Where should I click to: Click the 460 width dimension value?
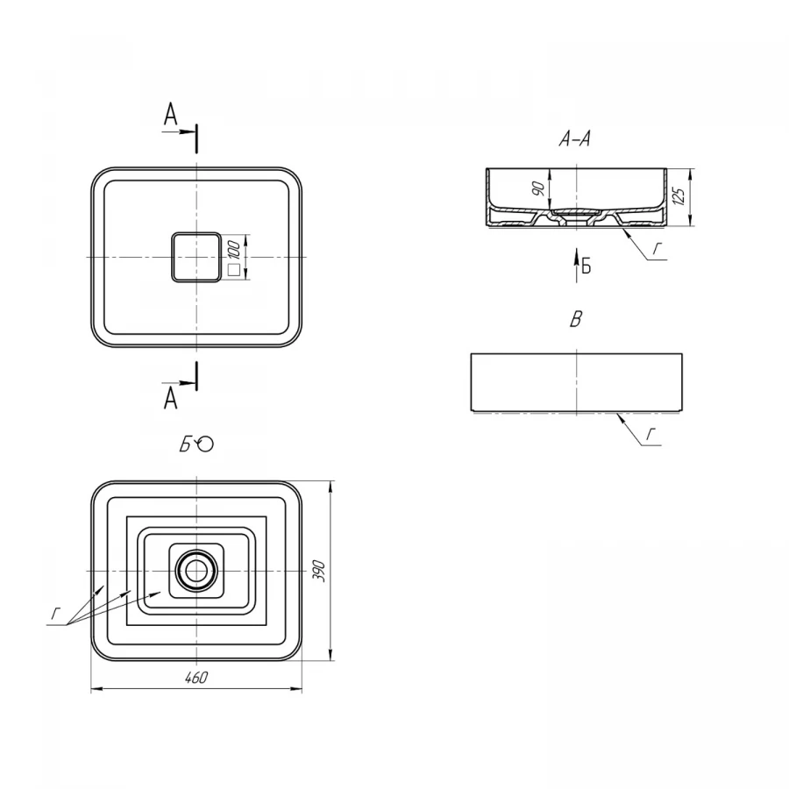pos(196,678)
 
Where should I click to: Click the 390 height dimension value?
pos(320,571)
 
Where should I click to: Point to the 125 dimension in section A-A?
pos(679,196)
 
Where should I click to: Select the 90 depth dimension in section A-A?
pos(538,188)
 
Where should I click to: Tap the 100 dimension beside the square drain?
pos(234,250)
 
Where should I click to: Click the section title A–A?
pos(574,138)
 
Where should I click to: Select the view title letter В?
pos(576,319)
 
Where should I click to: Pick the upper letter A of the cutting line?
pos(171,114)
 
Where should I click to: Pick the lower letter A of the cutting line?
pos(171,398)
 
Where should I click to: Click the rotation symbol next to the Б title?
pos(205,444)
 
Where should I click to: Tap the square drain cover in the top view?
pos(196,257)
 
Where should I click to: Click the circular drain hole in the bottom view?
pos(196,571)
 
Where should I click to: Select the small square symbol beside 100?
pos(234,270)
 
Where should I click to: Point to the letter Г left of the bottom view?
pos(56,614)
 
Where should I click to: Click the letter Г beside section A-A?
pos(657,249)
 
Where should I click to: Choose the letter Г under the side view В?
pos(651,435)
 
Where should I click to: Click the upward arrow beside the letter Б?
pos(577,265)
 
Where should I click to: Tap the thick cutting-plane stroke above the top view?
pos(196,139)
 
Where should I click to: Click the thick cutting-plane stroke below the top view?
pos(196,376)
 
